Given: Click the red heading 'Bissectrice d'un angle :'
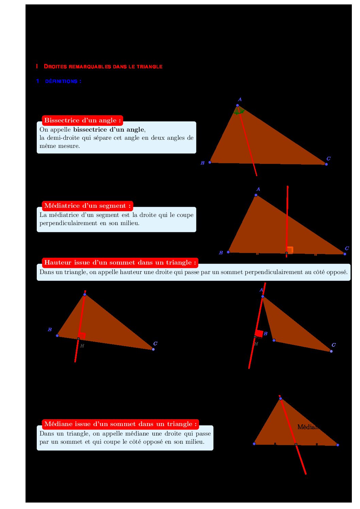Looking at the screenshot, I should (82, 120).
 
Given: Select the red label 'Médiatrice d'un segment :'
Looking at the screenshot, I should (87, 206).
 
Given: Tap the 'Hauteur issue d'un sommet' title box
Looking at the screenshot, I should (120, 262).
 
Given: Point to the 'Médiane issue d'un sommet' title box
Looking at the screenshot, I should (120, 424).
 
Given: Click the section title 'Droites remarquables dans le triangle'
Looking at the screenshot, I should (103, 67).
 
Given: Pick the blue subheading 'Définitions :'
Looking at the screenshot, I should (63, 81).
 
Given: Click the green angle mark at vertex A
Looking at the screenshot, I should (239, 112).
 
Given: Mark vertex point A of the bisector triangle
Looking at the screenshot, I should (238, 105).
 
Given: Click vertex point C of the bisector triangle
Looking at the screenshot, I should (326, 164).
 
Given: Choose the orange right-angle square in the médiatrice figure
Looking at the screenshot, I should (290, 250).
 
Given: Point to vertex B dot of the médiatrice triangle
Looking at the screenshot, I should (228, 252).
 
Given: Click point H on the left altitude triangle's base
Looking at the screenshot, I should (78, 339).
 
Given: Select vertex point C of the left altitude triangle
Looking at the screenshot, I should (153, 349).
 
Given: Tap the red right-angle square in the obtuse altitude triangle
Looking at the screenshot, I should (259, 334).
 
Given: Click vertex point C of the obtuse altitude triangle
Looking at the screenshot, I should (331, 351).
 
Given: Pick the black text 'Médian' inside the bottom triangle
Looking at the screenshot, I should (308, 427).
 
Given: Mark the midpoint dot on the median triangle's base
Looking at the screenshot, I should (296, 444).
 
